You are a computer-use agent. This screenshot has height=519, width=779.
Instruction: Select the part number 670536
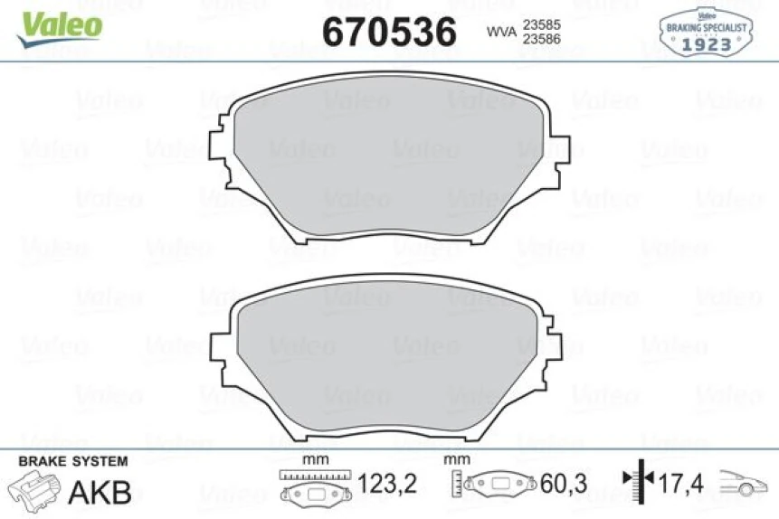[389, 33]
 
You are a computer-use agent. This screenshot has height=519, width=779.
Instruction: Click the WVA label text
[501, 33]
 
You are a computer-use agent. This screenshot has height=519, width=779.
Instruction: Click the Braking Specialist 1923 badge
[705, 33]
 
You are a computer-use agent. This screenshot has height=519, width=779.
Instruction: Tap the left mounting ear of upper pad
[219, 154]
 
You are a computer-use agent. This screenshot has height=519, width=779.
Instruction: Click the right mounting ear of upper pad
[560, 154]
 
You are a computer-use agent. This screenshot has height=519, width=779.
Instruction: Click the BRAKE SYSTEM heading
[72, 461]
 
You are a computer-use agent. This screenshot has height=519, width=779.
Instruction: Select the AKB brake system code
[100, 492]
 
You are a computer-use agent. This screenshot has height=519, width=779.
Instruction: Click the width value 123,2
[387, 485]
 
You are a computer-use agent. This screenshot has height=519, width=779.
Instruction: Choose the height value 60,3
[563, 485]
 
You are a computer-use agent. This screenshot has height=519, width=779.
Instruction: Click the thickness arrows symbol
[639, 484]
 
